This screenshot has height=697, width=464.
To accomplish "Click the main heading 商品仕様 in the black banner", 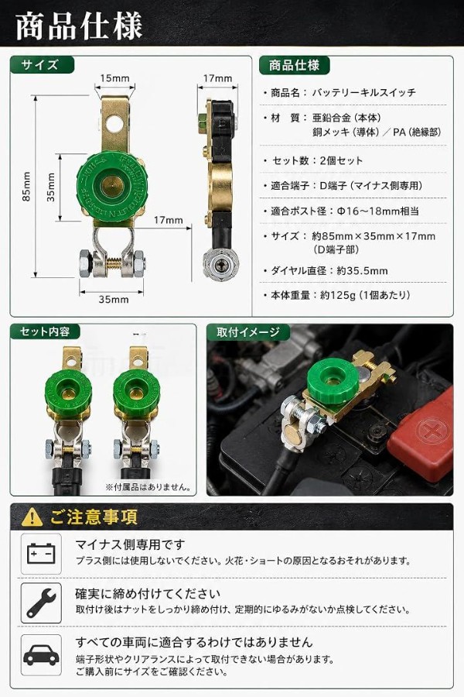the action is (79, 26).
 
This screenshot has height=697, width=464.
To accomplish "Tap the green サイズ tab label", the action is (40, 65).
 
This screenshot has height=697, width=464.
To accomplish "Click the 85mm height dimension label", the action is (26, 187).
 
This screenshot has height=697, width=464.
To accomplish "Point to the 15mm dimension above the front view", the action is (114, 78).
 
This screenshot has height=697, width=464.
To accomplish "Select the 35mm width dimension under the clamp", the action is (113, 299).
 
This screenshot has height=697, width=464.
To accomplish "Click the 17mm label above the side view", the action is (217, 78).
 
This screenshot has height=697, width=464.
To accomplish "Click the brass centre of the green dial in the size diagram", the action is (111, 185).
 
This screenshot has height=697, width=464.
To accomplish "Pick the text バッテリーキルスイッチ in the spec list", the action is (364, 92).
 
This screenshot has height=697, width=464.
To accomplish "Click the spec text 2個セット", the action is (341, 160).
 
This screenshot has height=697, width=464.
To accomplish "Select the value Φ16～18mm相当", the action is (378, 211).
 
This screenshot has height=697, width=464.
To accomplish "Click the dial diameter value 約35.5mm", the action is (362, 271).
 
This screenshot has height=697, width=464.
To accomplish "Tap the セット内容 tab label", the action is (45, 331).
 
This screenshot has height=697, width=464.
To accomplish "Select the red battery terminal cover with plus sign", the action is (421, 434).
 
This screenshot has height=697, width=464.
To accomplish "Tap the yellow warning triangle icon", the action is (32, 517).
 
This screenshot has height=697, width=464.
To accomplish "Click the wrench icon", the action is (41, 603).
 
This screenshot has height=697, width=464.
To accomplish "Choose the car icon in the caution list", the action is (41, 655).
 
